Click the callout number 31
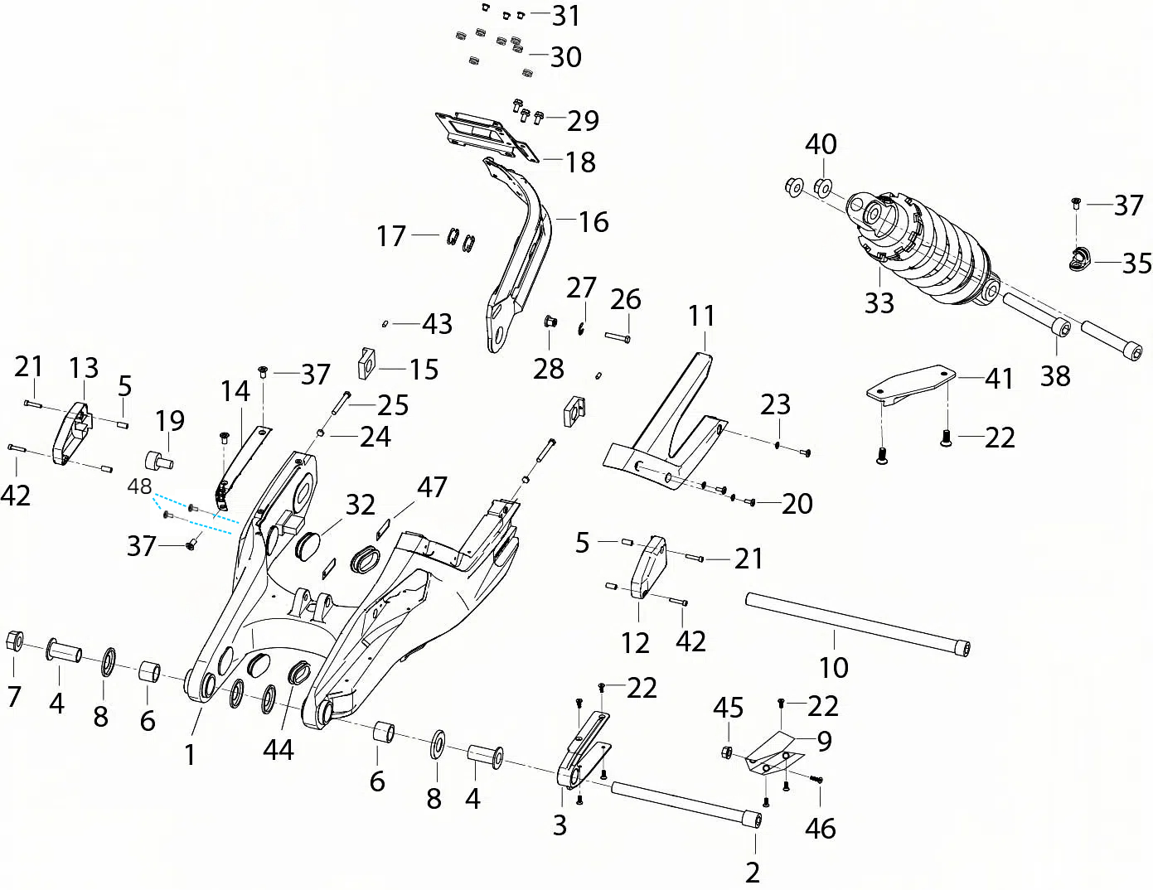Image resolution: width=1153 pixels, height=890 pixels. pos(567,16)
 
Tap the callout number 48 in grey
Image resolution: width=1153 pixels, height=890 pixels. pos(139,486)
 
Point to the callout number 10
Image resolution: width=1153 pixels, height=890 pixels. pos(834,667)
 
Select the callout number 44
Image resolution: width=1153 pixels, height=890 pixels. pos(279,750)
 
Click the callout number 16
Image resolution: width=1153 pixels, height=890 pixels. pos(593,222)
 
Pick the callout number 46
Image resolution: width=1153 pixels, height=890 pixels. pos(821,828)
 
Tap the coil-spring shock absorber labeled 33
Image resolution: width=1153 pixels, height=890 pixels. pos(924,249)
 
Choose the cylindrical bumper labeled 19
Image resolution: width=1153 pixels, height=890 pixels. pos(159,459)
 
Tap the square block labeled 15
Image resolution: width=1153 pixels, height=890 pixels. pos(367,363)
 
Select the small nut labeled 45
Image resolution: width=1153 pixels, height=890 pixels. pos(728,752)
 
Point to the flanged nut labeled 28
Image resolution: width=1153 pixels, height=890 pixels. pos(550,322)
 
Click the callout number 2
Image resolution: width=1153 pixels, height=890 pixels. pos(753,873)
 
